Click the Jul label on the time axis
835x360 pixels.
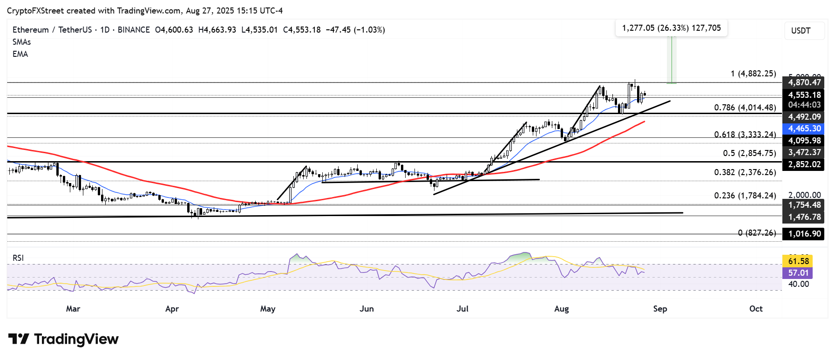pyautogui.click(x=462, y=309)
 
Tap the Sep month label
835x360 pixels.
pyautogui.click(x=660, y=309)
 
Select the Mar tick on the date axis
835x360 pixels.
pyautogui.click(x=73, y=309)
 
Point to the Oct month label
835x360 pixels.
pyautogui.click(x=756, y=309)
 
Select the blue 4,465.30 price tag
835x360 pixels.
pyautogui.click(x=804, y=129)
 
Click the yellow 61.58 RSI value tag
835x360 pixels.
pyautogui.click(x=798, y=261)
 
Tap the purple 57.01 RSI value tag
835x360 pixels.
pyautogui.click(x=798, y=273)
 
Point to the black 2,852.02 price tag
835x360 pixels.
pyautogui.click(x=804, y=164)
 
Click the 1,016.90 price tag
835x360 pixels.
pyautogui.click(x=804, y=234)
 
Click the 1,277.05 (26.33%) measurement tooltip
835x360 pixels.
pyautogui.click(x=671, y=28)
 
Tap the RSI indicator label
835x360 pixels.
pyautogui.click(x=18, y=258)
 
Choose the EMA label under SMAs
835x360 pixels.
pyautogui.click(x=20, y=54)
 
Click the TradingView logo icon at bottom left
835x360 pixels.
pyautogui.click(x=19, y=339)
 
